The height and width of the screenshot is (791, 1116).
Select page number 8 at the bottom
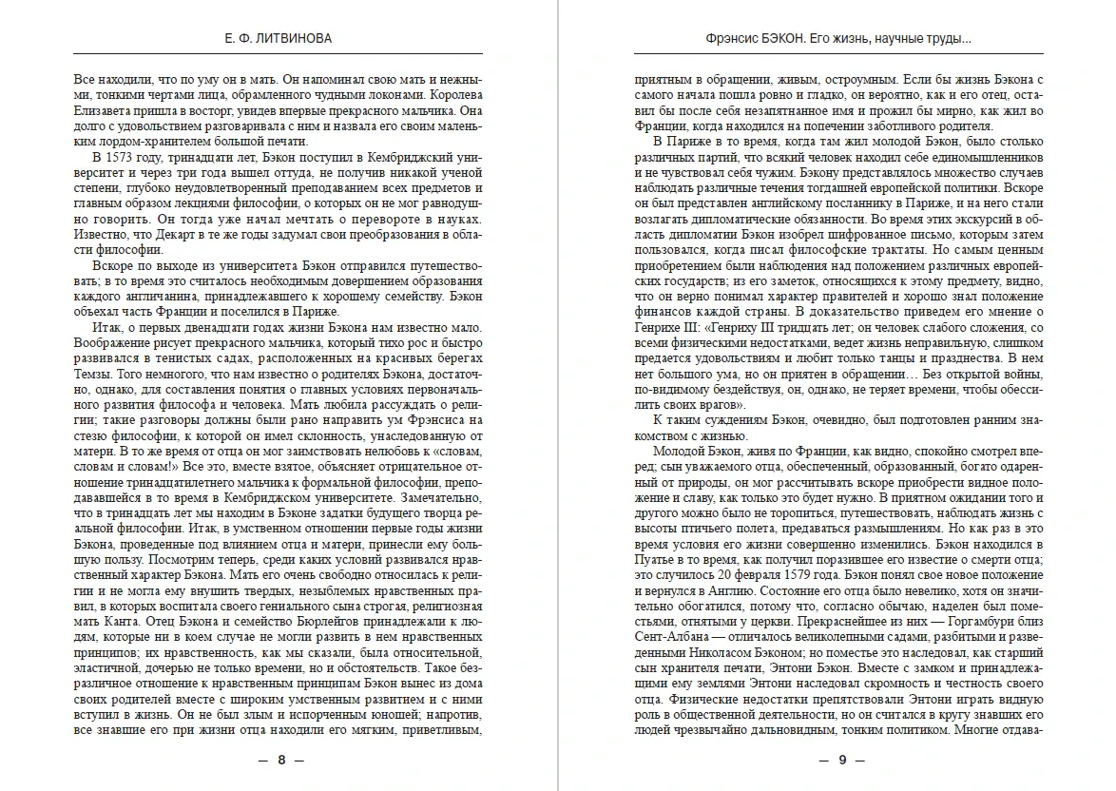click(x=280, y=760)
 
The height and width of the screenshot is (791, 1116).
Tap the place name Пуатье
click(x=658, y=559)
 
